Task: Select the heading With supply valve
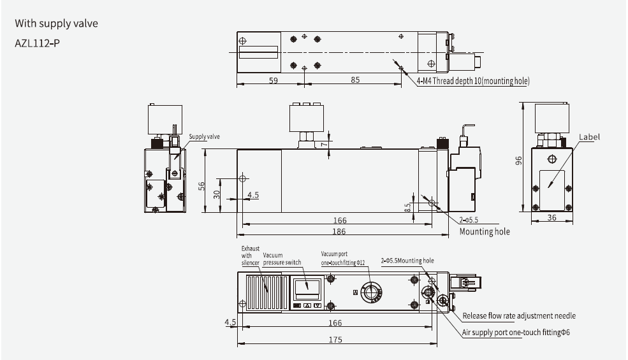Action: (x=56, y=24)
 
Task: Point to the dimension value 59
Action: (x=272, y=80)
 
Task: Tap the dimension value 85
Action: (x=355, y=80)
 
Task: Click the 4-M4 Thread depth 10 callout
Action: (x=472, y=81)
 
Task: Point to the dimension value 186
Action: (x=340, y=231)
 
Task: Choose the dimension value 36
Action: (x=552, y=219)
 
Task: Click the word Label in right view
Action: (x=589, y=137)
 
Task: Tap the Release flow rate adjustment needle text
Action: (x=518, y=315)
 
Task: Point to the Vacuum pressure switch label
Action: (x=281, y=258)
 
